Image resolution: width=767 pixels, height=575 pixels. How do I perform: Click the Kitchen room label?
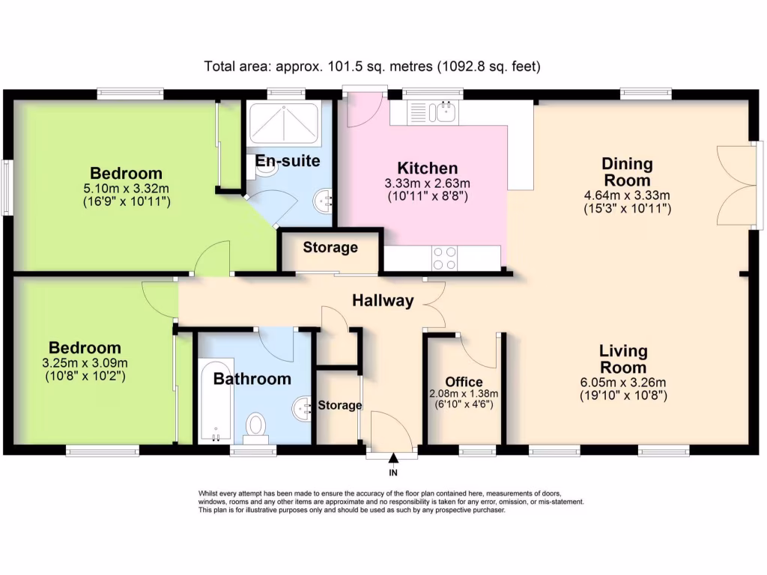tap(427, 168)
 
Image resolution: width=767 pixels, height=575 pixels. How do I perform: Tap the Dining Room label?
tap(627, 171)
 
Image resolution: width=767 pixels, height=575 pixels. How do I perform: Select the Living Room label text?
tap(623, 359)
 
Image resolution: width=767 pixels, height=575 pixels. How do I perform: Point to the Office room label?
tap(464, 382)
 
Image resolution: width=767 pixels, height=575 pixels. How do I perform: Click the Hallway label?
tap(383, 301)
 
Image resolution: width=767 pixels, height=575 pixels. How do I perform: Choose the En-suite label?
tap(288, 161)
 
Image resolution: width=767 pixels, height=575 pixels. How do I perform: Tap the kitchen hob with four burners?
tap(445, 258)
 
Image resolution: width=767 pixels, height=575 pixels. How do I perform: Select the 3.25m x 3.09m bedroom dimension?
tap(85, 363)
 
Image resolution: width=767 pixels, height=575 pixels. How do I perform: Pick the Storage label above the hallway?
tap(330, 247)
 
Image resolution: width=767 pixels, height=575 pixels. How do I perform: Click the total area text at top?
tap(372, 67)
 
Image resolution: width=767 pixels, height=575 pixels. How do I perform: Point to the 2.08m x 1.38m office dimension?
tap(464, 394)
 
